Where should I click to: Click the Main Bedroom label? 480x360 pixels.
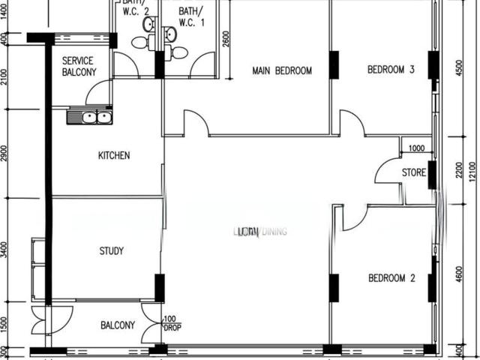(282, 71)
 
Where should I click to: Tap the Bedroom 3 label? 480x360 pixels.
(391, 70)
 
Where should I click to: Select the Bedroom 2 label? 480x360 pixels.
(391, 278)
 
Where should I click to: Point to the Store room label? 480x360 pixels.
(414, 172)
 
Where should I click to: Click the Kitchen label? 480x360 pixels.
(114, 156)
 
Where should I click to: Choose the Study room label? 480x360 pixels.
(111, 251)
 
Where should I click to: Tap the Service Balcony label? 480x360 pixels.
(79, 67)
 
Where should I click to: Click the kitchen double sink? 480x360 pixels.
(89, 117)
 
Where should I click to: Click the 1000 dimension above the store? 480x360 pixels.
(416, 148)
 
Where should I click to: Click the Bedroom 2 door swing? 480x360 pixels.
(353, 218)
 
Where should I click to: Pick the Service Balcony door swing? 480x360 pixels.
(97, 93)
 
